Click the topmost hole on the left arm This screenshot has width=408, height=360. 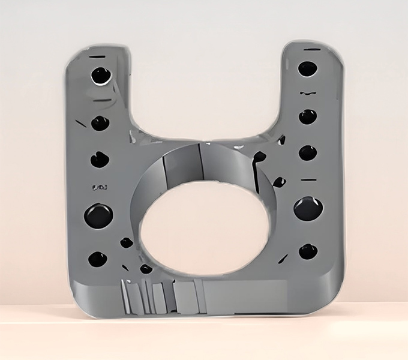100,76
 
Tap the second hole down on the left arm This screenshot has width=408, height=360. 100,123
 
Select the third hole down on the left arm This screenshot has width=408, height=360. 100,160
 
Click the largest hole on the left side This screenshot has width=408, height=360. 98,215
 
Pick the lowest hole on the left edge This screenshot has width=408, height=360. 97,259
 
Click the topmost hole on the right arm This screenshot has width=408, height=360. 307,68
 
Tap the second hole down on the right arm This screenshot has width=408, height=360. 308,116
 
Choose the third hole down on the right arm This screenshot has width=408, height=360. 308,152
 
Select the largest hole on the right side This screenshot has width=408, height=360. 308,208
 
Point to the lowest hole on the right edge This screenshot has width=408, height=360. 308,251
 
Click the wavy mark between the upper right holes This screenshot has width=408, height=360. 308,94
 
